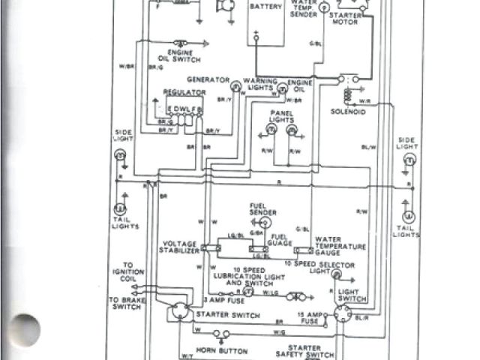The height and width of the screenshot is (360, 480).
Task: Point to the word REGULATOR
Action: coord(184,92)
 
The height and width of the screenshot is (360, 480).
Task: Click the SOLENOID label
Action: coord(348,112)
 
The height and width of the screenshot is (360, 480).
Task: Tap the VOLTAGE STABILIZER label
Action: coord(180,247)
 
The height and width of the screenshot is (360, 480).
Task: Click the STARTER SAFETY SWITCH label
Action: coord(304,352)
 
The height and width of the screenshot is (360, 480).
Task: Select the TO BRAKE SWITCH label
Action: coord(124,304)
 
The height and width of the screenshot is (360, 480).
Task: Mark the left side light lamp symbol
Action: coord(119,155)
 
